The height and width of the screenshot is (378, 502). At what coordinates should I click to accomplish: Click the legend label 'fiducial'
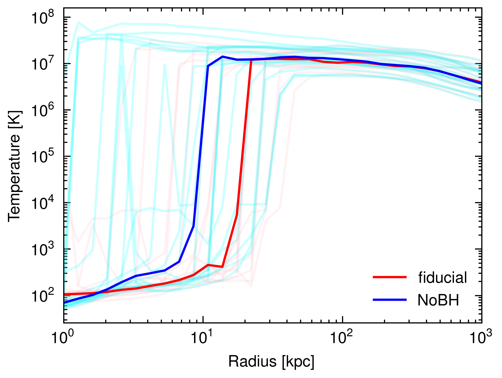pyautogui.click(x=443, y=278)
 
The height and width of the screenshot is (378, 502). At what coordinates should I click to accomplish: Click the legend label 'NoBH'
pyautogui.click(x=438, y=300)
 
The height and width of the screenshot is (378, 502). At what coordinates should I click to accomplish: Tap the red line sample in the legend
pyautogui.click(x=390, y=277)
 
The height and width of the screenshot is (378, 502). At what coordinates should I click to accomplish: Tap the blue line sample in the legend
pyautogui.click(x=390, y=300)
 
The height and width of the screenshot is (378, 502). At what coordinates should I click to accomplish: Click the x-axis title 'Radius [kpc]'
pyautogui.click(x=271, y=362)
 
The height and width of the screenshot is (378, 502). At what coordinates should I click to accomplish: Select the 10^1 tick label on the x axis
pyautogui.click(x=202, y=338)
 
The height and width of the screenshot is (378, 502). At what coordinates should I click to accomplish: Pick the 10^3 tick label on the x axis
pyautogui.click(x=481, y=338)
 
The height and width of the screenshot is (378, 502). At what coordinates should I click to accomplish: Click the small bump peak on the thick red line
pyautogui.click(x=208, y=265)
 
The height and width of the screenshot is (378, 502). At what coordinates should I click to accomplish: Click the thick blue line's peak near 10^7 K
pyautogui.click(x=222, y=57)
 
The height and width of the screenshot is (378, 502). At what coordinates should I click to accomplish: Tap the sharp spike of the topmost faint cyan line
pyautogui.click(x=78, y=22)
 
